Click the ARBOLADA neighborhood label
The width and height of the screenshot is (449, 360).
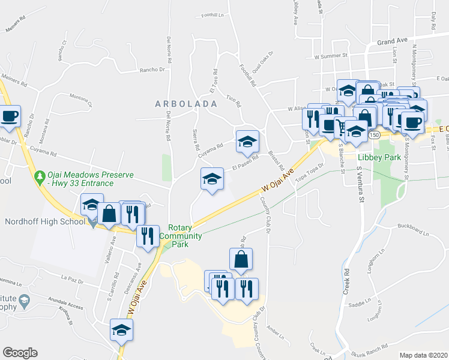[x=185, y=103]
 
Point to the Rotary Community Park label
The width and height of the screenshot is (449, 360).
[x=185, y=236]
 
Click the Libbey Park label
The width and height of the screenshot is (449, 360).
[x=378, y=157]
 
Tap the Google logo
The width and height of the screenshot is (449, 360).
[x=20, y=353]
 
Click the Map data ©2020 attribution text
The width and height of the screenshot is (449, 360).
[x=423, y=355]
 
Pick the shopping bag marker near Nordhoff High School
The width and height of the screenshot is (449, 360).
[x=109, y=213]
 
